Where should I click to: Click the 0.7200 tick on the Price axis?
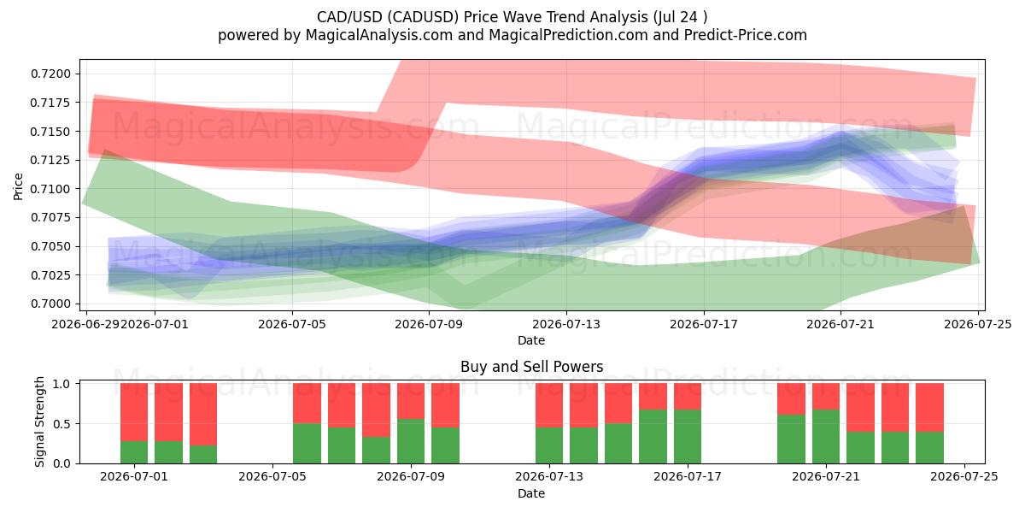click(x=50, y=74)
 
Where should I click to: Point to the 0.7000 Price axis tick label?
click(x=50, y=304)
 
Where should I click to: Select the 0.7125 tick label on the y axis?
click(x=50, y=161)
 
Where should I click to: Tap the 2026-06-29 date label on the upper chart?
click(x=86, y=324)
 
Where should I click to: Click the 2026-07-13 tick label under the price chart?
click(x=566, y=324)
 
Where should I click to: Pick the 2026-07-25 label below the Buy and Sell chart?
click(x=964, y=477)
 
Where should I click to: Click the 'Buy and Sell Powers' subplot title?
click(x=531, y=367)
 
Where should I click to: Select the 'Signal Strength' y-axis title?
click(x=40, y=422)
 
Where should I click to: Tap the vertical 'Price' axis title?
click(x=18, y=186)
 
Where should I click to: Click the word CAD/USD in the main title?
click(x=349, y=17)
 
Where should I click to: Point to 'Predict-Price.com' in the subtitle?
click(x=746, y=35)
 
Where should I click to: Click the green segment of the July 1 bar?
click(x=134, y=452)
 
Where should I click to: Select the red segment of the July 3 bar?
click(x=203, y=415)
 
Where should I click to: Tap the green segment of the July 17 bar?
click(x=688, y=437)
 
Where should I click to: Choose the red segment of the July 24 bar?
click(x=929, y=408)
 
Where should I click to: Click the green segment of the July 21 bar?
click(x=826, y=437)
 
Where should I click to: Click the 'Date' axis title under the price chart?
click(x=531, y=340)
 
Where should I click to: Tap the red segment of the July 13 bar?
click(x=549, y=405)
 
